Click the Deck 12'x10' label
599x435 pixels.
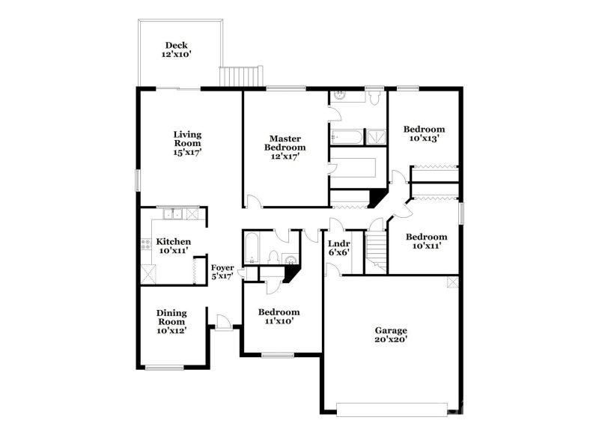point(176,50)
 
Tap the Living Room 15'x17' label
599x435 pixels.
point(188,143)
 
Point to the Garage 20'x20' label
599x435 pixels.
point(391,334)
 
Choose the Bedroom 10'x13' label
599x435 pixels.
point(424,133)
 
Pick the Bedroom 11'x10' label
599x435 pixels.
point(279,317)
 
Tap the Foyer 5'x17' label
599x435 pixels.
point(222,271)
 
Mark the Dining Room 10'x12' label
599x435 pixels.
point(171,321)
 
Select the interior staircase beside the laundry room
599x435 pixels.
point(376,251)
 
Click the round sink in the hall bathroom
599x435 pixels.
point(291,260)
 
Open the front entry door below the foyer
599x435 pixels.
point(222,321)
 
